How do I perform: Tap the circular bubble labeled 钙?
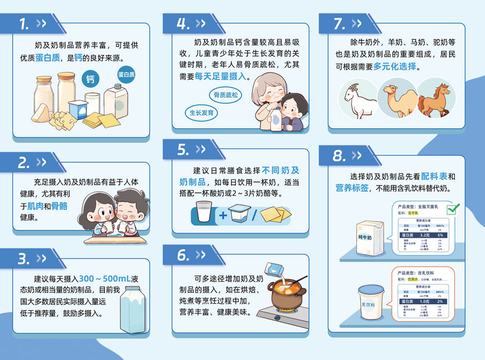click(90, 79)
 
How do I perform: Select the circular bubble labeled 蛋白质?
click(126, 75)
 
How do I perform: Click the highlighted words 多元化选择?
click(395, 67)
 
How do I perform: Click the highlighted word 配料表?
click(433, 176)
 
